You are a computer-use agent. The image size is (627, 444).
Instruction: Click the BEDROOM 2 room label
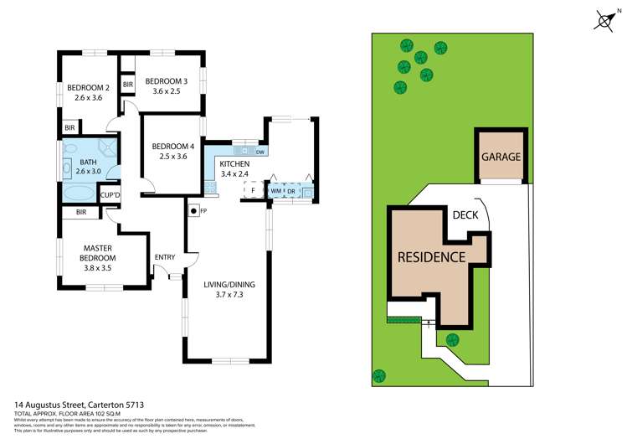[x=88, y=87]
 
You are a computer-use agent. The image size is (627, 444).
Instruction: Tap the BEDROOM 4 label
[x=172, y=147]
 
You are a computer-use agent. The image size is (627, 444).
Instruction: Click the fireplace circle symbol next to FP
[x=193, y=210]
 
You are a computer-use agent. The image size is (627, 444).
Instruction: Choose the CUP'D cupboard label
[x=110, y=195]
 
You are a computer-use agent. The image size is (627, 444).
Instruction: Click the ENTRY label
[x=165, y=257]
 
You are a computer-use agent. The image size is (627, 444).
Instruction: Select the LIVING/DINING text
[x=229, y=285]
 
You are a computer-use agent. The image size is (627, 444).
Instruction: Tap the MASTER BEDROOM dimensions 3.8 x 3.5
[x=98, y=268]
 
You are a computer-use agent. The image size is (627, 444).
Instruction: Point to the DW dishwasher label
[x=260, y=152]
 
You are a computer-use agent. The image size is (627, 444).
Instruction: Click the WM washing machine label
[x=275, y=191]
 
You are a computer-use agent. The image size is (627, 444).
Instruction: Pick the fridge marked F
[x=252, y=191]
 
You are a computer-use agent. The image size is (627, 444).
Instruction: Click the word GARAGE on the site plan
[x=501, y=157]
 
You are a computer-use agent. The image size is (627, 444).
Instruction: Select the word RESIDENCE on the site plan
[x=430, y=256]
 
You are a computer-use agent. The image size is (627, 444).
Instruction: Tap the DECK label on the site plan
[x=465, y=214]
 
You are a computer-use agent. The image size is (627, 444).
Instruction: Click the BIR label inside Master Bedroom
[x=81, y=213]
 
